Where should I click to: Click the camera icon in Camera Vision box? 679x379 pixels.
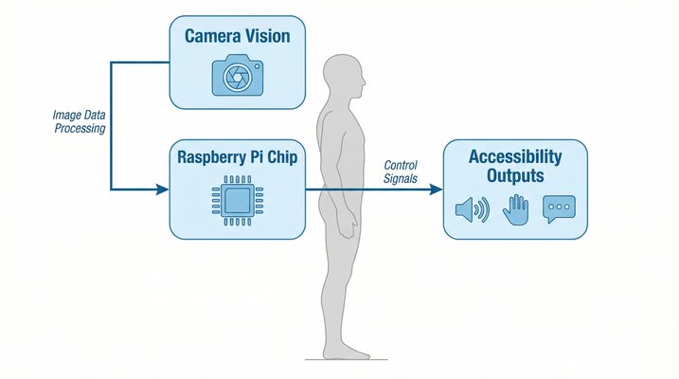pos(238,75)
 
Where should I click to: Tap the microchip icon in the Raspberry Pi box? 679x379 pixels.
pos(237,201)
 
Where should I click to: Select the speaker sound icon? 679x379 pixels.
pos(471,209)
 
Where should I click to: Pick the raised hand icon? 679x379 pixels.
pos(515,208)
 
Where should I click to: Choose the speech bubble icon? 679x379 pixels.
pos(559,209)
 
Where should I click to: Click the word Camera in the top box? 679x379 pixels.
pos(210,37)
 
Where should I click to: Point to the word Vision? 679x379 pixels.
pos(267,37)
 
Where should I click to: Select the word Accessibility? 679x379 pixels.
pos(515,156)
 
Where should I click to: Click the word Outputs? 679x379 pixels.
pos(515,175)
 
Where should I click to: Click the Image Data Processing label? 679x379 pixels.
pos(79,121)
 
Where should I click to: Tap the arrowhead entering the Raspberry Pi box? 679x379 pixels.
pos(162,189)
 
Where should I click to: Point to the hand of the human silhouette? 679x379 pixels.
pos(351,228)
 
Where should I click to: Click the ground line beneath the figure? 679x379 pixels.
pos(341,360)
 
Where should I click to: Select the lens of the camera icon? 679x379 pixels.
pos(238,78)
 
